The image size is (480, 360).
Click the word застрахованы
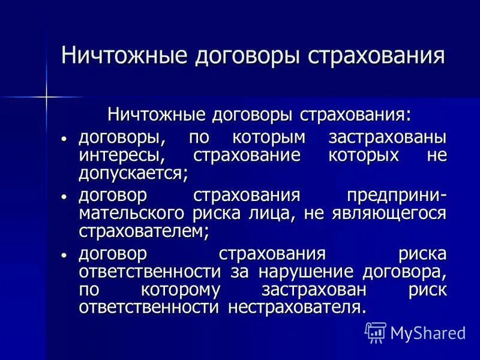(388, 137)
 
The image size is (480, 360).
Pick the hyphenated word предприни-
(397, 196)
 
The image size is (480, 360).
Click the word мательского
(131, 214)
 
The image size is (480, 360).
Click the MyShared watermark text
(428, 332)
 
